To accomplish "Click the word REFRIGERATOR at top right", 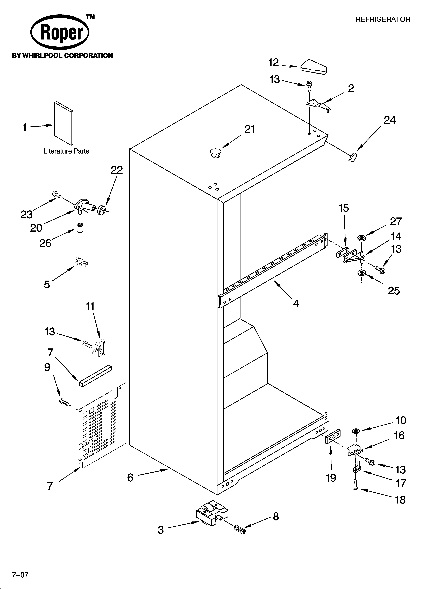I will coord(383,19).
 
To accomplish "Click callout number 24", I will coord(390,120).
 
